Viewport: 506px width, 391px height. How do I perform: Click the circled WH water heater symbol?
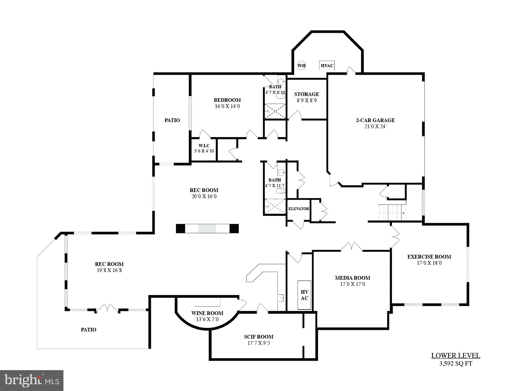click(x=302, y=65)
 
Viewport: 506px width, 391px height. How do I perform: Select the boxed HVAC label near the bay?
click(x=327, y=65)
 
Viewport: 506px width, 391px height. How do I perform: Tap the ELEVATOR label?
click(x=299, y=209)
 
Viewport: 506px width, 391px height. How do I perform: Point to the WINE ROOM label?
click(x=207, y=313)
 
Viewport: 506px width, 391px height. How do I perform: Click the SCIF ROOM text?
click(x=259, y=337)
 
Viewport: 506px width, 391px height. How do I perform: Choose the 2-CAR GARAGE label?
click(x=375, y=120)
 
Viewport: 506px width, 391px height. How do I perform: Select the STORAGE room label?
click(x=306, y=94)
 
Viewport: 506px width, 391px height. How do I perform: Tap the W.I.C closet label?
click(x=204, y=146)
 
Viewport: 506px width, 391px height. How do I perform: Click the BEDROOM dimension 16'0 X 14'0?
click(x=227, y=106)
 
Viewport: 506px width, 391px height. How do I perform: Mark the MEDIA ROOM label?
click(x=352, y=278)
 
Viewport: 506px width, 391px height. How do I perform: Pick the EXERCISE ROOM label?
click(x=429, y=257)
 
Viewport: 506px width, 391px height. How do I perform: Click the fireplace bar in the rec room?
click(x=207, y=228)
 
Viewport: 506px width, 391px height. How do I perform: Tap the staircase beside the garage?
click(x=392, y=212)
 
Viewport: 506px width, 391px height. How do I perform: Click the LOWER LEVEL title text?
click(x=455, y=356)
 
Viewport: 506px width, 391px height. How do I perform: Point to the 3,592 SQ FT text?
click(x=455, y=364)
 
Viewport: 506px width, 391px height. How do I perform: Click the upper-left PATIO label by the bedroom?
click(x=172, y=120)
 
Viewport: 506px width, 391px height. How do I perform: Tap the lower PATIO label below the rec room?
click(x=89, y=330)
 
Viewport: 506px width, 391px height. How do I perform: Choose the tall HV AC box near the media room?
click(x=304, y=295)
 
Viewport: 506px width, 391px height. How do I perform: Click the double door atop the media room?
click(x=352, y=247)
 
